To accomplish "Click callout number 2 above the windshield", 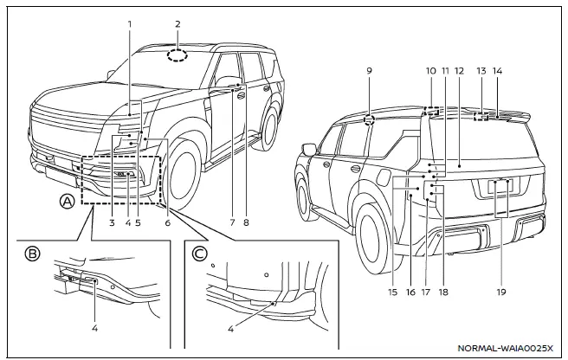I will pyautogui.click(x=177, y=24).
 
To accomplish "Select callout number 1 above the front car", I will pyautogui.click(x=129, y=24).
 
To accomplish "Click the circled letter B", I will pyautogui.click(x=33, y=254).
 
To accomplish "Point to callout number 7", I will pyautogui.click(x=232, y=222).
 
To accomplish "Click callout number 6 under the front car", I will pyautogui.click(x=167, y=222).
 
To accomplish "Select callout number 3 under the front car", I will pyautogui.click(x=113, y=222).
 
